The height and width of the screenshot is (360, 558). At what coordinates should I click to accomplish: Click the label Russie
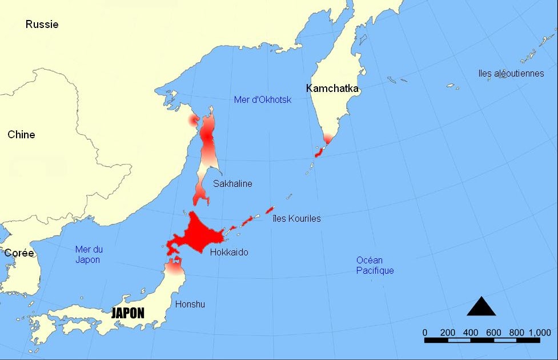point(42,24)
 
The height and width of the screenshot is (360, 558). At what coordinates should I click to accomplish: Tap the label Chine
point(21,135)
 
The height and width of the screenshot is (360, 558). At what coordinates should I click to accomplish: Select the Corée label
point(19,253)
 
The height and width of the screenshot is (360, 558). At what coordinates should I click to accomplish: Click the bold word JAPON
point(127,313)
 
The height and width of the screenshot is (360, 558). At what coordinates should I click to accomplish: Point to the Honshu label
point(190,304)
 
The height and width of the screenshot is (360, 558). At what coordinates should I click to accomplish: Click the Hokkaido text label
point(229,252)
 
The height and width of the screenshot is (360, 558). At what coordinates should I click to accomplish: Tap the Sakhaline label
point(232,183)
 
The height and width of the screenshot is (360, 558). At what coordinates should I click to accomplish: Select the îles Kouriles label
point(296,218)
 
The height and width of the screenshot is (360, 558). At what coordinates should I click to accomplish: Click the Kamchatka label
point(332,89)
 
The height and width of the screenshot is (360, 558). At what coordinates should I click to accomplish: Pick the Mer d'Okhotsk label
point(263,100)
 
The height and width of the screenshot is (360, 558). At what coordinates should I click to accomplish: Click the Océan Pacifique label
point(375,265)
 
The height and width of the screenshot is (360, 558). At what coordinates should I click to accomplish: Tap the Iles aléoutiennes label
point(511,73)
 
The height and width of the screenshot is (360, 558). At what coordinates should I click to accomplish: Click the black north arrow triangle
point(481,307)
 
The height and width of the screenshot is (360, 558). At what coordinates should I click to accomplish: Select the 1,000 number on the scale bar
point(539,333)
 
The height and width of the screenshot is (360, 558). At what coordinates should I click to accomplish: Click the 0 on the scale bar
point(425,333)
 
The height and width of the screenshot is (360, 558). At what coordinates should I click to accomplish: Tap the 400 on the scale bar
point(471,333)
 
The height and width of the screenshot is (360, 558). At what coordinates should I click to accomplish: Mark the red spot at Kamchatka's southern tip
point(328,138)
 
